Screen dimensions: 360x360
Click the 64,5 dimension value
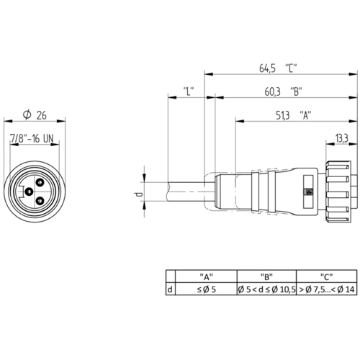point(267,68)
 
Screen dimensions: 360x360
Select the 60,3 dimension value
point(272,91)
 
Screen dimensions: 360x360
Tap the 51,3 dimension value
point(282,115)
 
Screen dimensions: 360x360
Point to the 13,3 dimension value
point(342,138)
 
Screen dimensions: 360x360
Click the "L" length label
point(189,91)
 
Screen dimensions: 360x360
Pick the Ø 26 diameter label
point(35,115)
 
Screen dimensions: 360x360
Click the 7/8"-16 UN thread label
point(32,138)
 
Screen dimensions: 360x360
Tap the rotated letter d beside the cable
point(138,194)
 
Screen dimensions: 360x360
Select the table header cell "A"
point(207,276)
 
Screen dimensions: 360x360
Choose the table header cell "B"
point(266,276)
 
